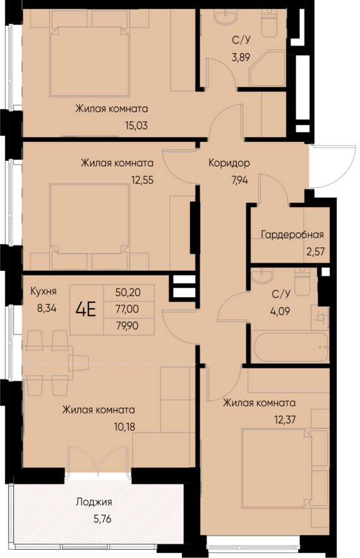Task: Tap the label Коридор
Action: [229, 163]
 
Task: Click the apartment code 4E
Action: [87, 310]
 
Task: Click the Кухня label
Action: [44, 292]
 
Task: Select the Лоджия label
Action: [93, 502]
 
